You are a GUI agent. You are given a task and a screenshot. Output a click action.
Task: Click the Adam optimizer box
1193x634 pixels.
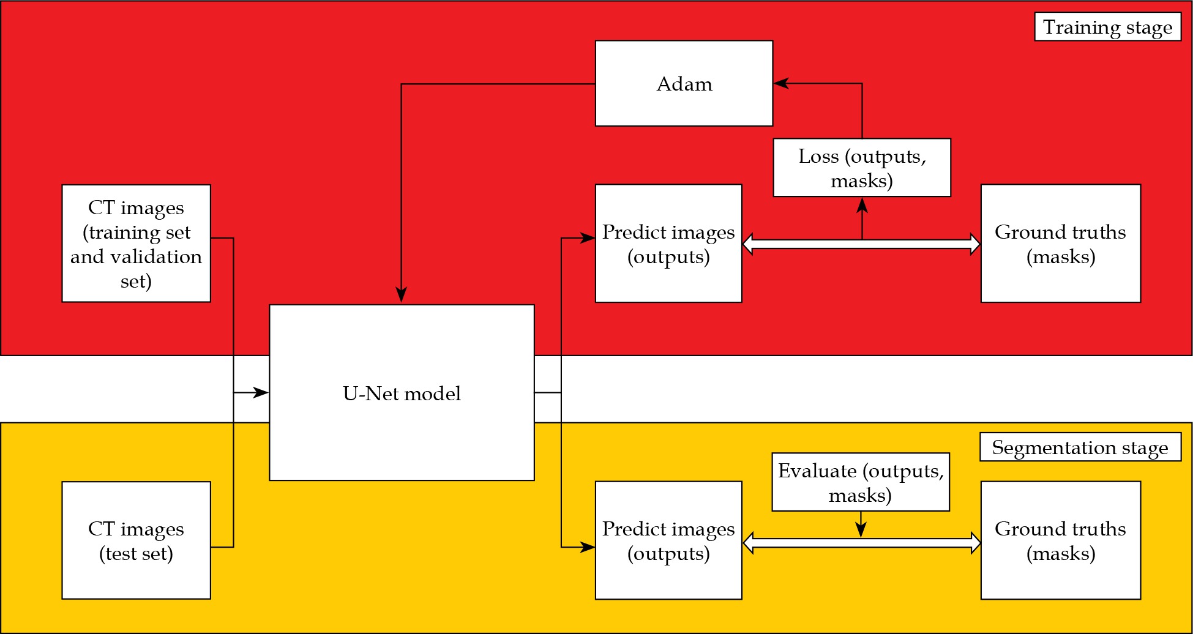coord(684,83)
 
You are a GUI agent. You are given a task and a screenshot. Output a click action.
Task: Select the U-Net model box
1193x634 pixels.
coord(402,392)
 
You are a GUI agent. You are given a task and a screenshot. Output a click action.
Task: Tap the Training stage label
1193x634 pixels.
coord(1107,27)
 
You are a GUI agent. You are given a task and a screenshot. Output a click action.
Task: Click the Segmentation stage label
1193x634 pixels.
coord(1080,447)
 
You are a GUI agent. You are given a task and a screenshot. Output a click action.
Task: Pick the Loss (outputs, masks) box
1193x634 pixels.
coord(862,168)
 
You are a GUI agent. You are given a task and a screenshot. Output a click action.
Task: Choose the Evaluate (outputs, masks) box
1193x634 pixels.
coord(861,482)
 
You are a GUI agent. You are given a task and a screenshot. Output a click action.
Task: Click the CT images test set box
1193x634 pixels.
coord(136,540)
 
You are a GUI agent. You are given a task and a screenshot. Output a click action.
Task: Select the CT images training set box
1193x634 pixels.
coord(136,243)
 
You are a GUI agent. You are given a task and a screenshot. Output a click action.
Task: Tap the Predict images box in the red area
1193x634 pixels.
coord(668,243)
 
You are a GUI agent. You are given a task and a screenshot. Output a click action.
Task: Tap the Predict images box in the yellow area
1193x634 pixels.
coord(668,540)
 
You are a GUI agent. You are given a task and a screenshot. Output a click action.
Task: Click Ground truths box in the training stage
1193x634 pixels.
coord(1060,243)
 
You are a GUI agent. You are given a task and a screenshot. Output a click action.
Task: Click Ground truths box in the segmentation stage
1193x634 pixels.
coord(1060,540)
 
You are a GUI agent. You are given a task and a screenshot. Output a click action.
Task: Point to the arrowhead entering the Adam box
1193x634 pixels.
coord(780,83)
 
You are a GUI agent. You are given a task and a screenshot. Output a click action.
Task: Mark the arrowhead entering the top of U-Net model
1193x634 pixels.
coord(401,296)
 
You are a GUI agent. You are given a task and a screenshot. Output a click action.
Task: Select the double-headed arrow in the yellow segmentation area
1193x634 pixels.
coord(861,543)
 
